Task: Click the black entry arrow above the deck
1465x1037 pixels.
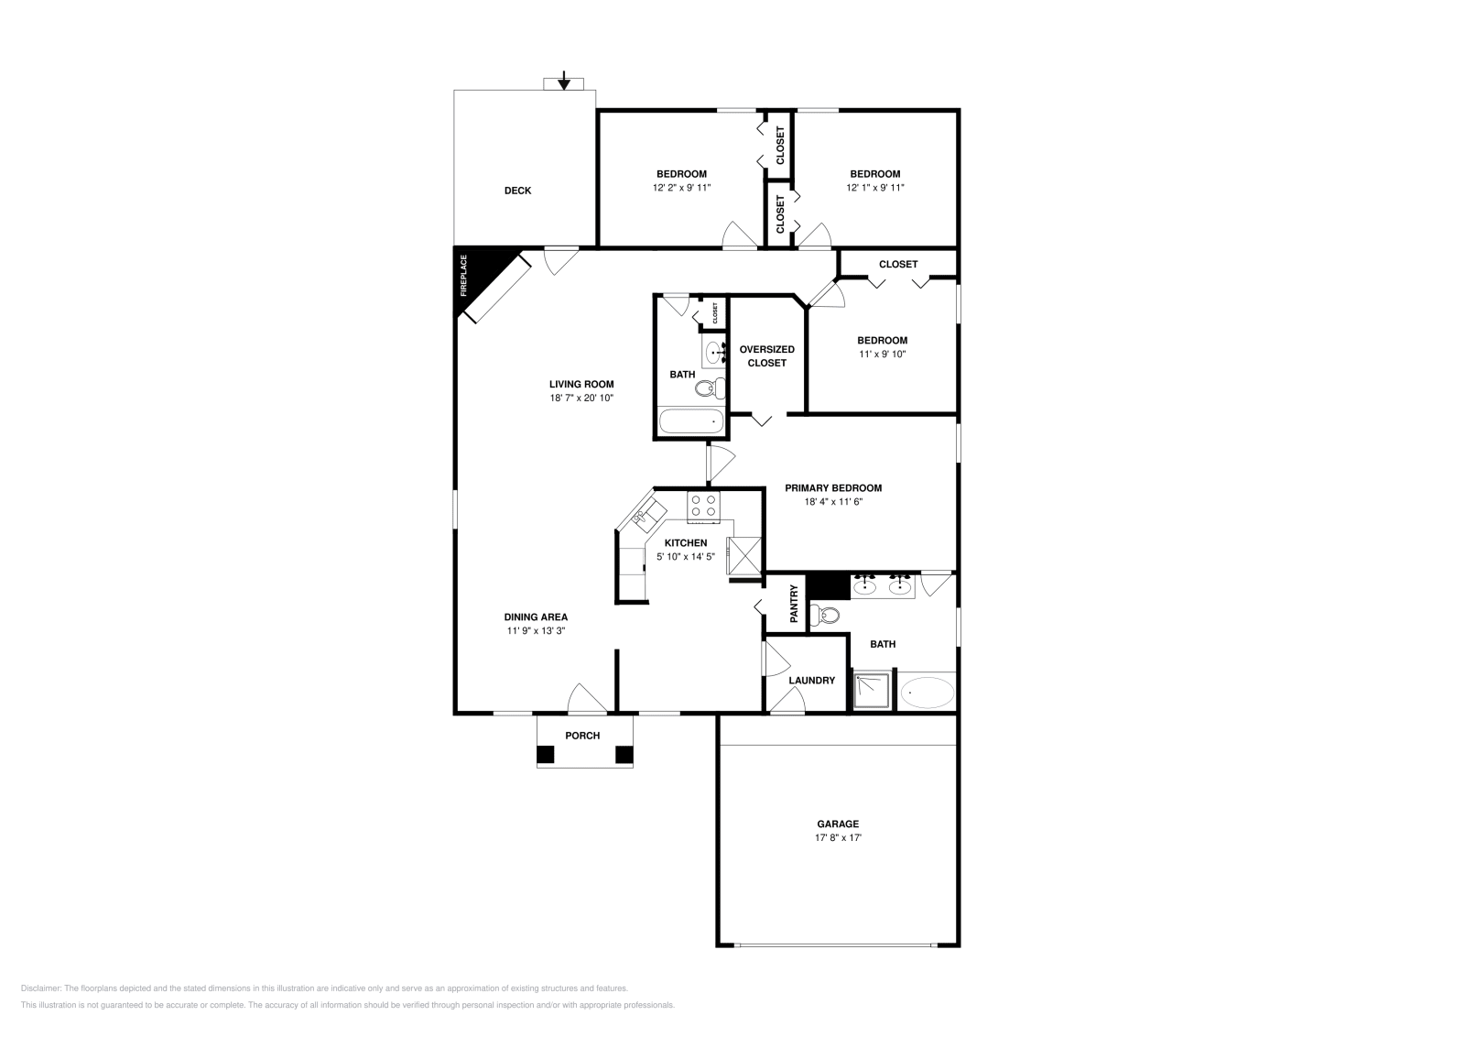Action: coord(564,81)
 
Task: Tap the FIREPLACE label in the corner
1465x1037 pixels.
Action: coord(464,276)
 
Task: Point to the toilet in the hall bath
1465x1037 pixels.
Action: coord(708,389)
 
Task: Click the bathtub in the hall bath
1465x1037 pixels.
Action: coord(692,422)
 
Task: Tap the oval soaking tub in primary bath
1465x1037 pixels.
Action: coord(927,692)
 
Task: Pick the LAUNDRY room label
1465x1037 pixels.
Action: coord(811,680)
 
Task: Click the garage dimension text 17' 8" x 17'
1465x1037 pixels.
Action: coord(838,837)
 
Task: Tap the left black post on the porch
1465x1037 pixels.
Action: coord(546,755)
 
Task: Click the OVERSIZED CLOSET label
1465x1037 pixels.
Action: coord(766,355)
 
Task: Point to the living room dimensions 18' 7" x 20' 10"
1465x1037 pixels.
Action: coord(581,398)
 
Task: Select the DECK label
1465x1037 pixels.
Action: coord(517,191)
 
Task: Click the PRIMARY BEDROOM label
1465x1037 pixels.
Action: coord(833,488)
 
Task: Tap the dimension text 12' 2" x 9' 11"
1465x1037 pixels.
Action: coord(681,187)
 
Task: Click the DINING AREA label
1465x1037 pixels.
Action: coord(536,617)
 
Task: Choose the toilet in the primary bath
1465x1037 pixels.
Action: coord(830,616)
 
